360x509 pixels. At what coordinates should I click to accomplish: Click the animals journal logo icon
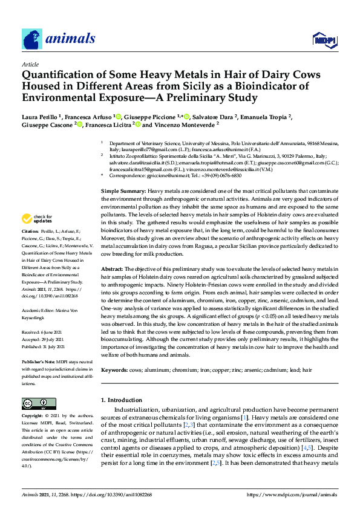coord(31,39)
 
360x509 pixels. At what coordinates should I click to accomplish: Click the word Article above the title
coord(30,64)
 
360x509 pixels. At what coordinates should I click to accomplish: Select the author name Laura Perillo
coord(39,117)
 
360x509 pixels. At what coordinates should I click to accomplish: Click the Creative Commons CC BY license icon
coord(36,404)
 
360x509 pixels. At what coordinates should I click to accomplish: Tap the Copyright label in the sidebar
coord(33,417)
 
